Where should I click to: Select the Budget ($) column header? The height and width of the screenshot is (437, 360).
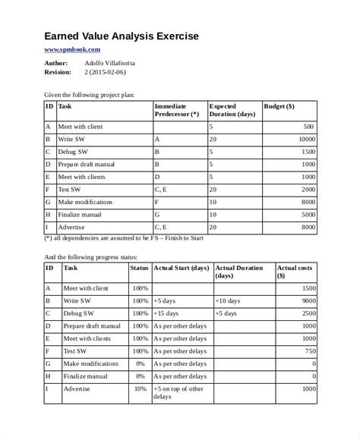coord(279,107)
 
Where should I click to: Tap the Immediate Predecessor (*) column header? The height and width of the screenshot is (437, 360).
coord(176,111)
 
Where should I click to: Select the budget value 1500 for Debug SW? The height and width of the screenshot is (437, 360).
coord(306,152)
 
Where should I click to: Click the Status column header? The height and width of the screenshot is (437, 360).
coord(139,268)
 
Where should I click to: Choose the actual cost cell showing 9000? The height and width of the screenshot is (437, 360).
coord(306,301)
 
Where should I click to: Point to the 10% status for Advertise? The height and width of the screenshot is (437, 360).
coord(141,388)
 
